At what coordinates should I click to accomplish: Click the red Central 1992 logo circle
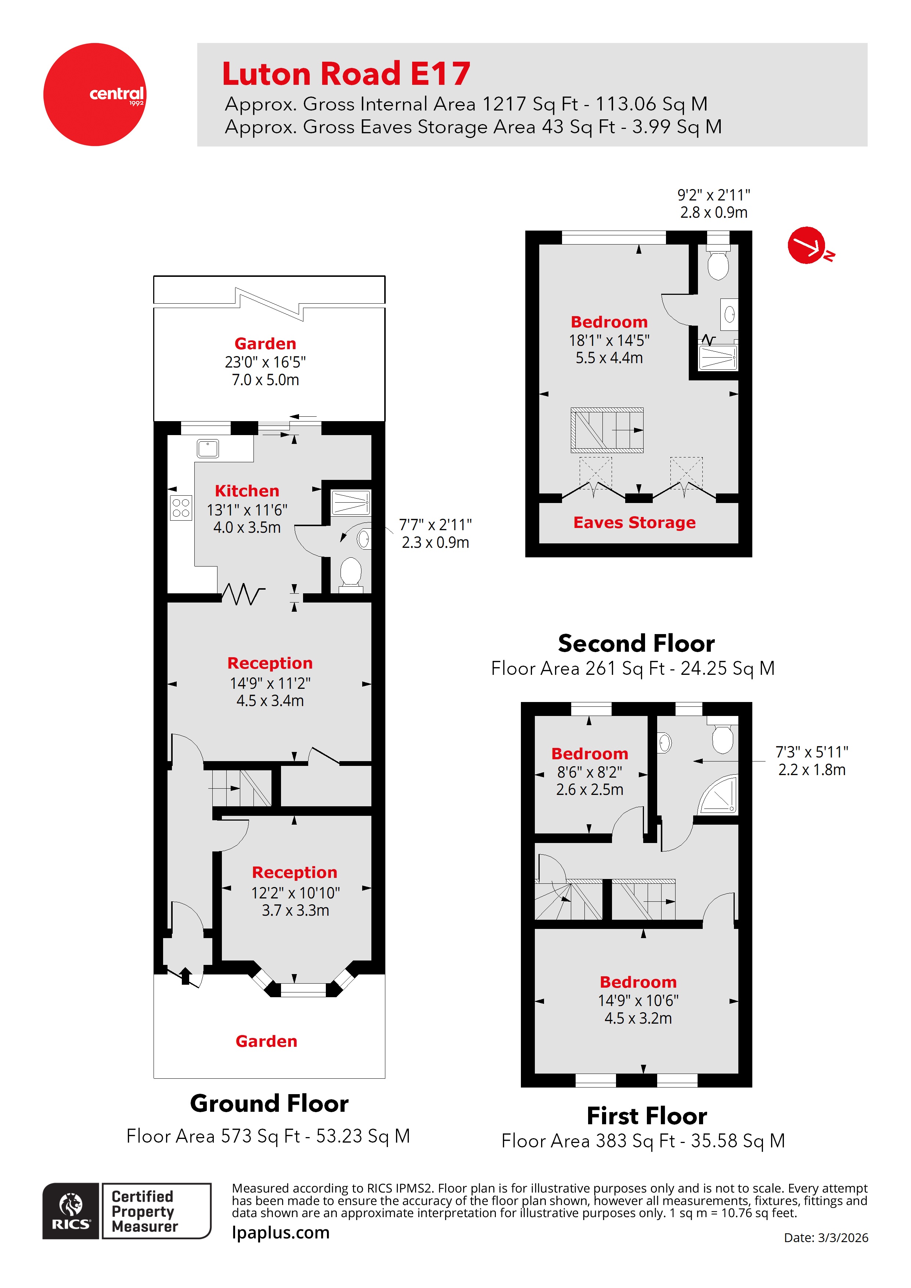click(94, 95)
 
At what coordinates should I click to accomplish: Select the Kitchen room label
click(247, 491)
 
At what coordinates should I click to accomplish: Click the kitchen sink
click(208, 449)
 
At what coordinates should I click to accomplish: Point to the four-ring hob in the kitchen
click(181, 508)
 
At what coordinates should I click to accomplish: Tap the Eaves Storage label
click(634, 522)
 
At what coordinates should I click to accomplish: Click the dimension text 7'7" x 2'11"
click(435, 525)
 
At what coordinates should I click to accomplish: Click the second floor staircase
click(607, 430)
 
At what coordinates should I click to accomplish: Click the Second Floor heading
click(636, 643)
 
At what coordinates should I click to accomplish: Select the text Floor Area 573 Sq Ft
click(268, 1136)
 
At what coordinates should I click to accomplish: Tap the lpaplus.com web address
click(281, 1233)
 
